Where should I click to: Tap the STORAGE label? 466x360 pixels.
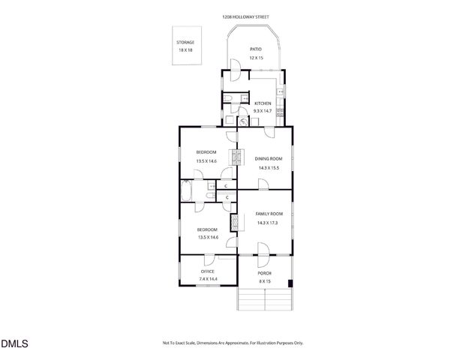[x=185, y=42]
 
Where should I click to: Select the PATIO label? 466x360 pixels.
[x=256, y=49]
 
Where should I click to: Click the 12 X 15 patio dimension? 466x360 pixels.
[x=256, y=58]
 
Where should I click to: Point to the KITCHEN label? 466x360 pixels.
[x=263, y=103]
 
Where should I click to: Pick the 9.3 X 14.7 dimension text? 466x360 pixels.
[x=263, y=111]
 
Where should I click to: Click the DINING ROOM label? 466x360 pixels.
[x=268, y=159]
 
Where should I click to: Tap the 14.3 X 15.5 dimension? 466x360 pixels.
[x=268, y=168]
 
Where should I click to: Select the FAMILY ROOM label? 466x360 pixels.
[x=269, y=214]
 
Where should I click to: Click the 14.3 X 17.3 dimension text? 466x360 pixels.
[x=269, y=223]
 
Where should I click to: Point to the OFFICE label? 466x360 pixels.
[x=208, y=271]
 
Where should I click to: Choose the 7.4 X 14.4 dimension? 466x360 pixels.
[x=208, y=279]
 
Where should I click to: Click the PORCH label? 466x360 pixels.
[x=264, y=273]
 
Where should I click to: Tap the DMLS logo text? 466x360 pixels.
[x=14, y=344]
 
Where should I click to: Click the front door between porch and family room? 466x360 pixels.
[x=263, y=251]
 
